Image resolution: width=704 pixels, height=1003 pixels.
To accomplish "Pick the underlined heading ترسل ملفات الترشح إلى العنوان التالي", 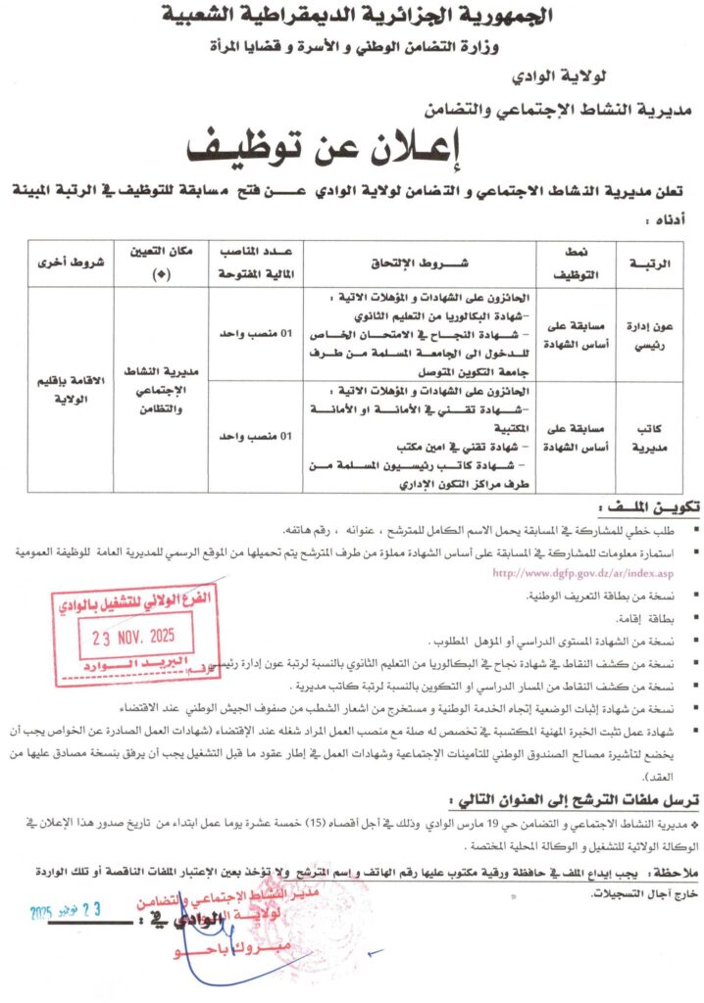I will [x=565, y=801].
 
